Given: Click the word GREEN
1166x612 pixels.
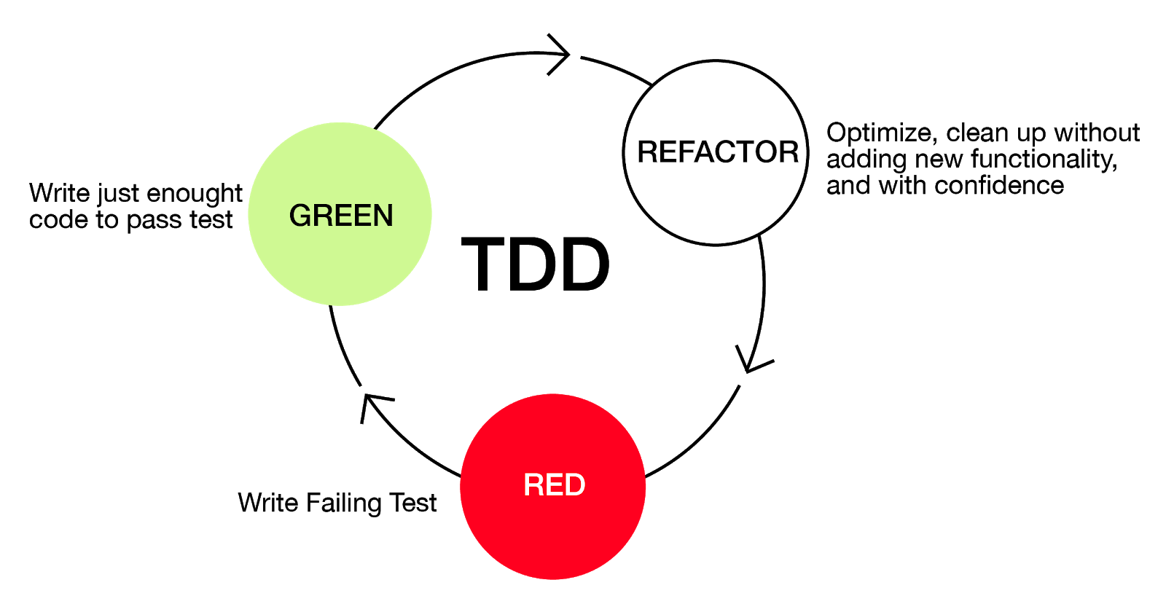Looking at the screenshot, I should tap(341, 216).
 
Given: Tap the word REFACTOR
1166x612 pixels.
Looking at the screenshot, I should tap(718, 152).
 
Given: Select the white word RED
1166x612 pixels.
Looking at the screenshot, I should tap(554, 485).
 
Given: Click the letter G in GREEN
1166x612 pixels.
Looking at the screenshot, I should tap(301, 216).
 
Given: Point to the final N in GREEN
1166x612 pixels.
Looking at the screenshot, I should tap(383, 216).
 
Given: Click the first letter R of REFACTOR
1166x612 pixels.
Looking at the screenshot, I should tap(647, 152).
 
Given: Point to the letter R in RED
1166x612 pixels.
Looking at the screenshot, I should tap(533, 485).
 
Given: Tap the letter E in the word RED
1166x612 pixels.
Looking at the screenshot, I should tap(554, 485).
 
